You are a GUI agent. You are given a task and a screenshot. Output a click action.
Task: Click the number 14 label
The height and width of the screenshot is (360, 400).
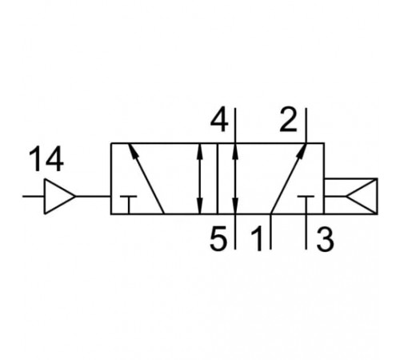coord(46,158)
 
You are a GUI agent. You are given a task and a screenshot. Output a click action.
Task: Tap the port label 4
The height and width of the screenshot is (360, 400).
coord(219,120)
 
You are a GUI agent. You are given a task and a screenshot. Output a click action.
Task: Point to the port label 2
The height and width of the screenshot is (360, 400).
coord(288,120)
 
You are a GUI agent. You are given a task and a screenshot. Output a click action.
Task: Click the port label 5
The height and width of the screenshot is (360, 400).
coord(218,238)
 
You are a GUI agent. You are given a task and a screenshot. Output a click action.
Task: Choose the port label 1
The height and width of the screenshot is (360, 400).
coord(257,238)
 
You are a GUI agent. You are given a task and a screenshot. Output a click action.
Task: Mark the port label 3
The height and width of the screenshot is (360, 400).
coord(325,239)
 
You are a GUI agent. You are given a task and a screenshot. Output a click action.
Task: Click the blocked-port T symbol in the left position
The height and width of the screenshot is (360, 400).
coord(129,205)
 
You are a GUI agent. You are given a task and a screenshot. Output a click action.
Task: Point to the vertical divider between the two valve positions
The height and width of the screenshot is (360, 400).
coord(218,178)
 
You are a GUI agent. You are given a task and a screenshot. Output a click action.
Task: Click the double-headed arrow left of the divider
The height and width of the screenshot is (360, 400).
coord(200,178)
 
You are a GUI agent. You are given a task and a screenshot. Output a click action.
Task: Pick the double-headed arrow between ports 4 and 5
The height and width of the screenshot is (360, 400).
coord(235,178)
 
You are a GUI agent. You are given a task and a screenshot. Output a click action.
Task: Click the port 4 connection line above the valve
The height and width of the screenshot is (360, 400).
coord(235,126)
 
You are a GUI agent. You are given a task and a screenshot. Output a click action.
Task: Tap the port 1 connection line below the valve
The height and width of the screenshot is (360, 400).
coord(270,231)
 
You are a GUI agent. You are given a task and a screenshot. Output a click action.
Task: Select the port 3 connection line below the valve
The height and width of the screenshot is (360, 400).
coord(306,231)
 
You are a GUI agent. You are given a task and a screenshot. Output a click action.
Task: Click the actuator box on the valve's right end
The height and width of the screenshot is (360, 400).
coord(351,196)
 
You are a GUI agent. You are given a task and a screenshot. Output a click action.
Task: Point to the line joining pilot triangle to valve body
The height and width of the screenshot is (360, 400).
coord(94,196)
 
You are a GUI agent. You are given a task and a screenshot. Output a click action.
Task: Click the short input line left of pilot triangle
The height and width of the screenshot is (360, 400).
coord(34,196)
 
